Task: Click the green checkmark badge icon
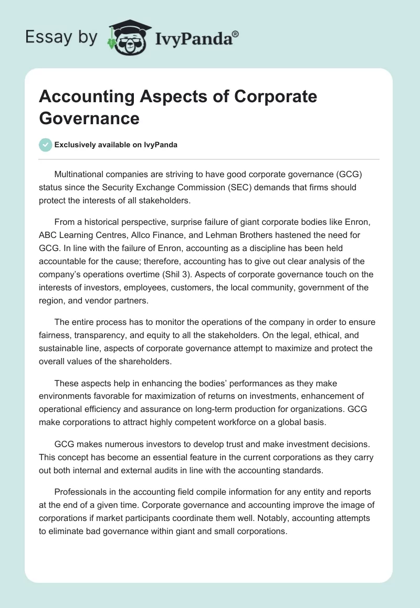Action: click(x=46, y=145)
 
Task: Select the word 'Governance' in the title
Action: click(x=89, y=118)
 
